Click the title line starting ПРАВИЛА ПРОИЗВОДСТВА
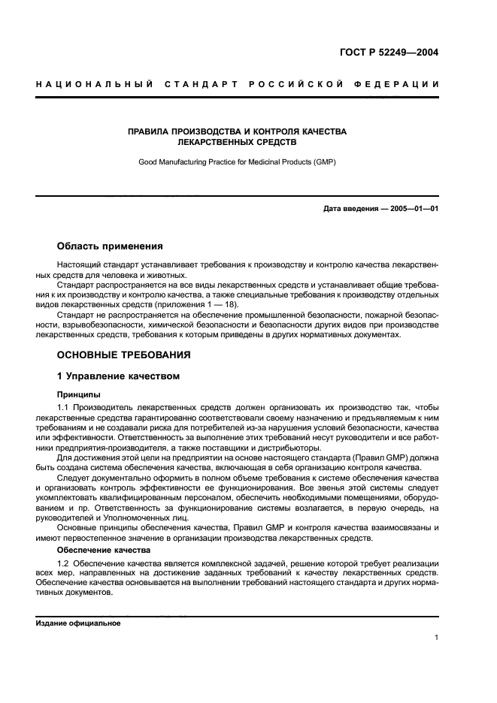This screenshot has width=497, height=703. click(x=238, y=131)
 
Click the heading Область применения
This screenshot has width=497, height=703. click(x=109, y=246)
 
